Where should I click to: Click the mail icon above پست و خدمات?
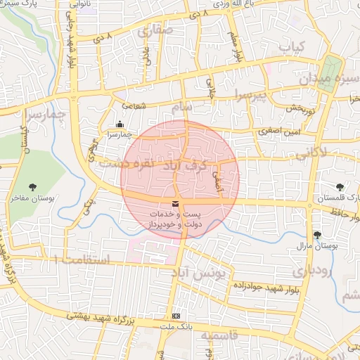(x=175, y=204)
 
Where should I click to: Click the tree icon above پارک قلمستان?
(x=340, y=186)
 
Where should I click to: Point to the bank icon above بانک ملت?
(x=175, y=317)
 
